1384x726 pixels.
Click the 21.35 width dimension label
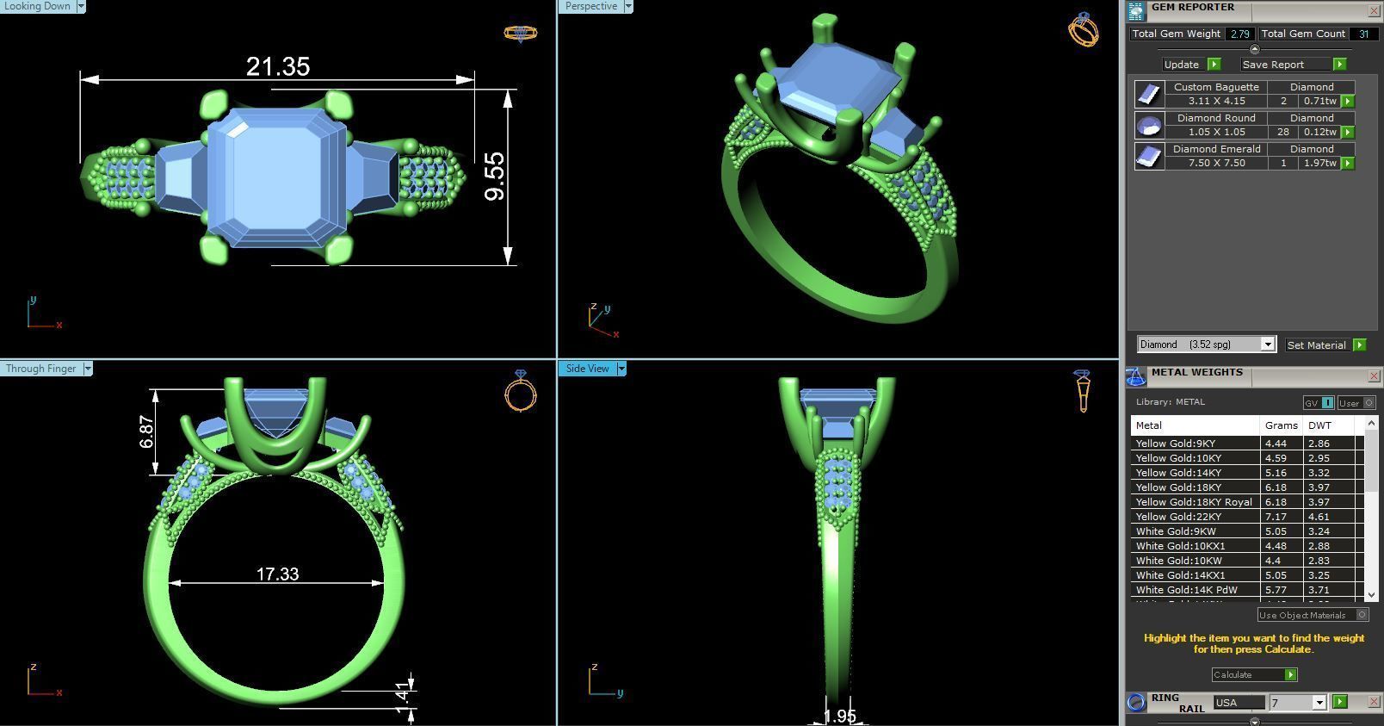click(x=277, y=66)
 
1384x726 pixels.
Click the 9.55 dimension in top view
click(x=495, y=177)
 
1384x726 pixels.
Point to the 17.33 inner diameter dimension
click(x=277, y=574)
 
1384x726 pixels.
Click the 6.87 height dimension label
click(x=146, y=431)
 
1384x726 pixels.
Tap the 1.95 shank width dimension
click(x=839, y=716)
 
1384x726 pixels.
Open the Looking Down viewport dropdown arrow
click(x=81, y=6)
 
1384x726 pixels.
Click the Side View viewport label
click(x=587, y=369)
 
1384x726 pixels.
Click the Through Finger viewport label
click(x=40, y=369)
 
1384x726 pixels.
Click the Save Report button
click(x=1273, y=65)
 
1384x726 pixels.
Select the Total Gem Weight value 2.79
click(x=1239, y=34)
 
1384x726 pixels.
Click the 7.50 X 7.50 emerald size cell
click(x=1216, y=163)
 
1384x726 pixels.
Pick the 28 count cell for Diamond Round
click(x=1283, y=132)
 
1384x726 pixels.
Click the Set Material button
click(x=1316, y=344)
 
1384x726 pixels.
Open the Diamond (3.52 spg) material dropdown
click(x=1267, y=344)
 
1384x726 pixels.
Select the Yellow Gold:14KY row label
click(x=1178, y=473)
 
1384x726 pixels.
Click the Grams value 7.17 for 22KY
click(x=1276, y=517)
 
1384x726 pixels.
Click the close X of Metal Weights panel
click(x=1374, y=375)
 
